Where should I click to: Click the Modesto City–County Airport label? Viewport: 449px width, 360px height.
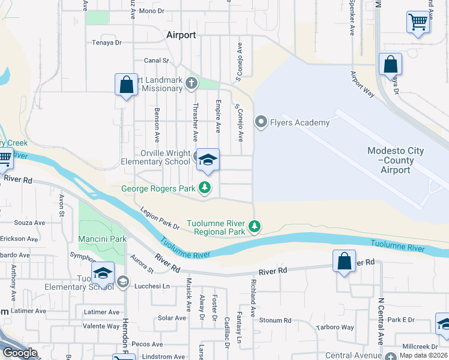point(396,160)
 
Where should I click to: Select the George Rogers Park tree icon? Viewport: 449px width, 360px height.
point(205,188)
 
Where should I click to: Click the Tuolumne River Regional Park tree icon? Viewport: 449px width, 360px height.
point(255,227)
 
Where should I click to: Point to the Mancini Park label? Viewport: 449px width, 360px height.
point(102,239)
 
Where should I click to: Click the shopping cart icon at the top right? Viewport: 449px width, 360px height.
point(418,23)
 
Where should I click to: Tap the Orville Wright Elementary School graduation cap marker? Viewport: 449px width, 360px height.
point(208,160)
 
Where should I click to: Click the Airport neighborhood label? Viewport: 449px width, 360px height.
point(181,35)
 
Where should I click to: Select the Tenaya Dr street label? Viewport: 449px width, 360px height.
point(107,43)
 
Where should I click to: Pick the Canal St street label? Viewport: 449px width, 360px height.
point(155,61)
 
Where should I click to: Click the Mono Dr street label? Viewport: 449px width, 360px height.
point(151,11)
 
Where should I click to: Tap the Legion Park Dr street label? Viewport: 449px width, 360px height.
point(160,219)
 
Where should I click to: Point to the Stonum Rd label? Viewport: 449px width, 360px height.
point(275,320)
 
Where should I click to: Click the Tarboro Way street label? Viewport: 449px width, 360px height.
point(334,328)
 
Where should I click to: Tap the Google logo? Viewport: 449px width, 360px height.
point(20,353)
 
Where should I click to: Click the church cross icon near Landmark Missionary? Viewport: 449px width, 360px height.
point(191,83)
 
